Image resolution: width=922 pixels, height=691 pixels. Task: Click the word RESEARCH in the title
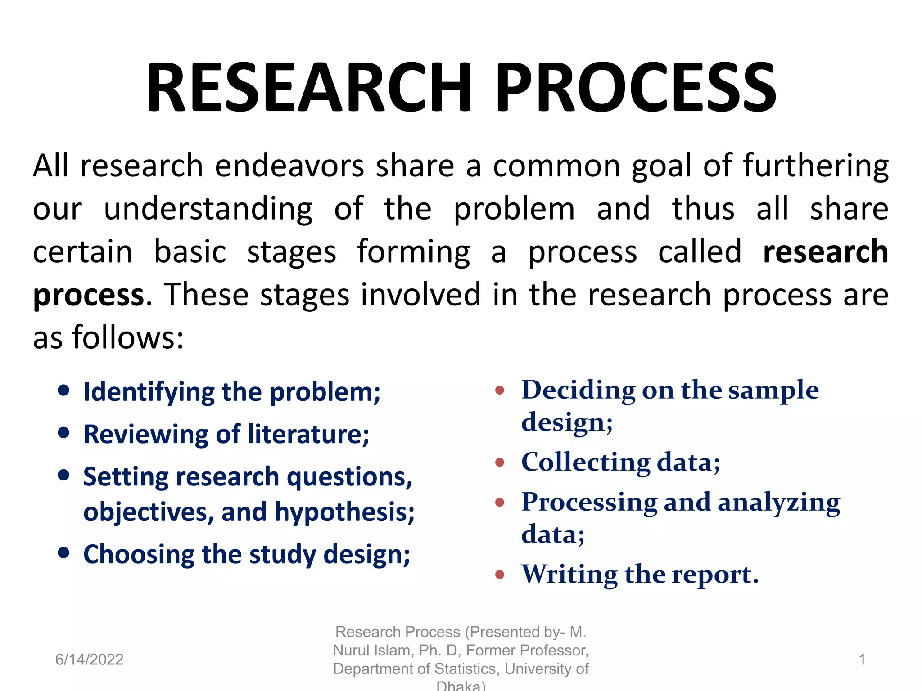pos(309,87)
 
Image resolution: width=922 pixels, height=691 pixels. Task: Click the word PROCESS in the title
pos(636,87)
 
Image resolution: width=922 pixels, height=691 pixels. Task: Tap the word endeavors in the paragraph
pos(289,166)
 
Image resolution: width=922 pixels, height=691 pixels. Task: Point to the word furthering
pos(816,166)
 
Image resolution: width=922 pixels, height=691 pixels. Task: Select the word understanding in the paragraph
pos(208,209)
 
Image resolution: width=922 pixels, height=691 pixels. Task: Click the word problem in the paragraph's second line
pos(514,209)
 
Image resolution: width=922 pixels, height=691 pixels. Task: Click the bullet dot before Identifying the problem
pos(64,390)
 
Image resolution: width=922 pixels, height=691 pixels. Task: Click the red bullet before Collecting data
pos(499,462)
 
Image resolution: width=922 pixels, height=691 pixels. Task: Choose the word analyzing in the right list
pos(778,502)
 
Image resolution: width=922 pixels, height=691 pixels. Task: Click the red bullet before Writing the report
pos(499,574)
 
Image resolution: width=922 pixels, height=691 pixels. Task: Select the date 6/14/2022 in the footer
pos(89,660)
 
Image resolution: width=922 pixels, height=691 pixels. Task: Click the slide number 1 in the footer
pos(862,660)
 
